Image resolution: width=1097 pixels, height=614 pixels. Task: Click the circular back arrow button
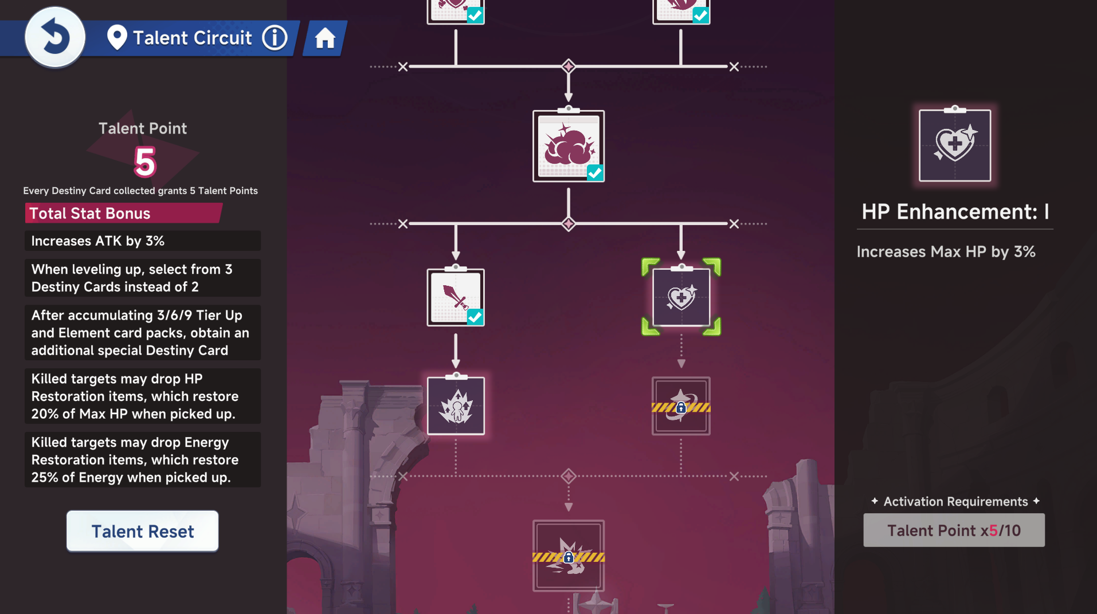tap(55, 37)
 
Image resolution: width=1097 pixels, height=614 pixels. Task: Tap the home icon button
tap(325, 38)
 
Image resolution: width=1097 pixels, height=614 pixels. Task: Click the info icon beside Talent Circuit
tap(275, 38)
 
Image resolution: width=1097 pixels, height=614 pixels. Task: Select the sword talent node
tap(455, 297)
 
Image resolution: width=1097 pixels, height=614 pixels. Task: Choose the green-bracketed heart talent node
tap(681, 297)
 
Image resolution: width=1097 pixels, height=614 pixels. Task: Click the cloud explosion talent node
tap(568, 146)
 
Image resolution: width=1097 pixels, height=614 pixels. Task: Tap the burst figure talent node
tap(456, 406)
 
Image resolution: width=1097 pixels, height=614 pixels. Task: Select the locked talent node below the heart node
tap(681, 406)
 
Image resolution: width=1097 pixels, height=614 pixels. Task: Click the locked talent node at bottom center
tap(568, 556)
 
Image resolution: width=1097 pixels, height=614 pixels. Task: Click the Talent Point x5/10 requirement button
tap(954, 530)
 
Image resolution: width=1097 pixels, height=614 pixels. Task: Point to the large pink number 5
tap(144, 162)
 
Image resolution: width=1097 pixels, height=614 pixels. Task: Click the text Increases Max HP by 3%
tap(946, 251)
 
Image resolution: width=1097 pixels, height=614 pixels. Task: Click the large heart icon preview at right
tap(954, 145)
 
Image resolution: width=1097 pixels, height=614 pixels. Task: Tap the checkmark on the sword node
tap(475, 317)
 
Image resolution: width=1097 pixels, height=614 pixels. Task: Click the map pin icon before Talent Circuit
tap(117, 38)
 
